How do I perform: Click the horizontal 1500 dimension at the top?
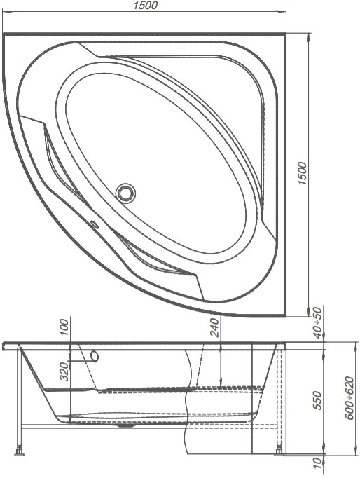[145, 5]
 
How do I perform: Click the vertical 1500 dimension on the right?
[303, 173]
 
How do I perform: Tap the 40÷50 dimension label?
[317, 323]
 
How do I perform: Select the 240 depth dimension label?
[215, 327]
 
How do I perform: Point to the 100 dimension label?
[64, 327]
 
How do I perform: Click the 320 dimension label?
[64, 371]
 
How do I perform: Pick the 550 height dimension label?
[317, 401]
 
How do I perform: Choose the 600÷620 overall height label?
[350, 398]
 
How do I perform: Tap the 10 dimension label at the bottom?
[317, 463]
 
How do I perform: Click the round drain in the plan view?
[125, 193]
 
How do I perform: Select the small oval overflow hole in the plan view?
[94, 226]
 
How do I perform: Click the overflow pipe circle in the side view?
[95, 356]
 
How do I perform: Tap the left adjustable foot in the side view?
[20, 451]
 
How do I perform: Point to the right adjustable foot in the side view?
[279, 451]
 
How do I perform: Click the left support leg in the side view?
[20, 398]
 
